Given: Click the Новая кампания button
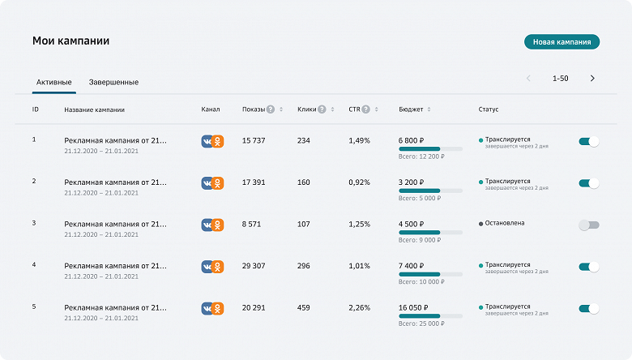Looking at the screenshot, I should coord(562,41).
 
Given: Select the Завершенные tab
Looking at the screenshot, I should coord(113,82).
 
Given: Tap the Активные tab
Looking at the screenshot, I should coord(54,82).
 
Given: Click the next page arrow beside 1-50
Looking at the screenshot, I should coord(592,79).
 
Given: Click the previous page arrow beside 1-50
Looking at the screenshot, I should coord(528,79).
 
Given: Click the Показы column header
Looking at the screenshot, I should coord(253,109).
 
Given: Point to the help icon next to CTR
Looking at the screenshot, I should coord(366,109).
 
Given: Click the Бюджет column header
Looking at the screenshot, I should coord(412,109).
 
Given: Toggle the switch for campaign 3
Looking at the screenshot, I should coord(589,225).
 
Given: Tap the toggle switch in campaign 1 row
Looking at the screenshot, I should coord(589,141).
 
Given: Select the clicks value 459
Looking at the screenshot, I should coord(304,308).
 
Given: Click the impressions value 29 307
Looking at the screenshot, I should coord(254,266).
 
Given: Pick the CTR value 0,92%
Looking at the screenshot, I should coord(359,182).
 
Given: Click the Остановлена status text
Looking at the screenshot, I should coord(504,223).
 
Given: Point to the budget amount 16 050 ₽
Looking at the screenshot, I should coord(417,308).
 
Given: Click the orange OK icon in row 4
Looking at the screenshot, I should coord(218,266).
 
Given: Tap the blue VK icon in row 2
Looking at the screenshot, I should coord(207,183).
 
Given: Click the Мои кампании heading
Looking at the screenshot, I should coord(70,41).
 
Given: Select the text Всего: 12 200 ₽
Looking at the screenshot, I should coord(421,156).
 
